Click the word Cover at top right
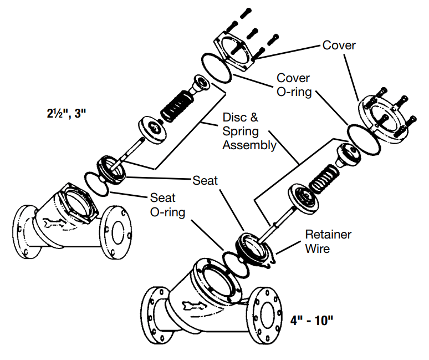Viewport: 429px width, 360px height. coord(339,45)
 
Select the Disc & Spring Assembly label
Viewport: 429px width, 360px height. coord(249,132)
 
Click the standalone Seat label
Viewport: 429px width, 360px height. coord(205,180)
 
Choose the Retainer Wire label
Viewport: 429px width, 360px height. coord(328,241)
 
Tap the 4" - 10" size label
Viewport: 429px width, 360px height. coord(311,321)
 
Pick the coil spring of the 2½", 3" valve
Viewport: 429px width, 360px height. coord(176,103)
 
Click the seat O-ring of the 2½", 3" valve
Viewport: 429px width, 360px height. coord(97,183)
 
